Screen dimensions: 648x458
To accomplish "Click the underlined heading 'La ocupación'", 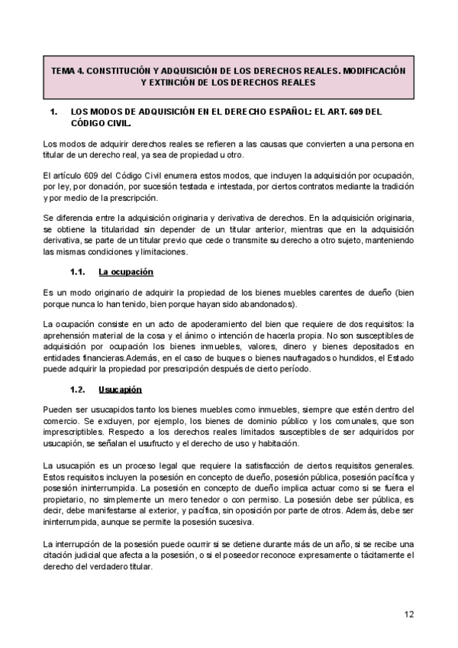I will [x=126, y=271].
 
